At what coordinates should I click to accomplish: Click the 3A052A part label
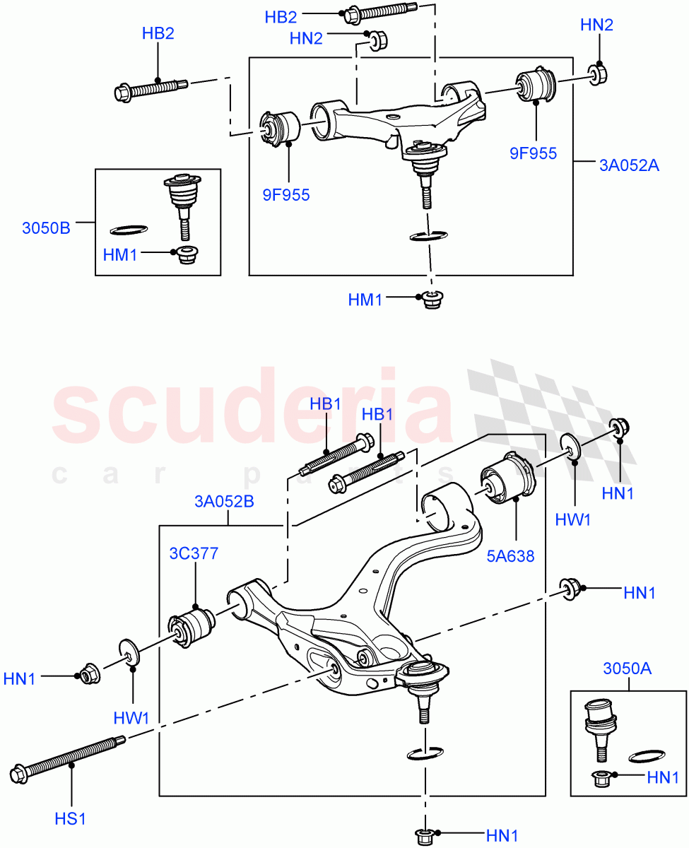628,167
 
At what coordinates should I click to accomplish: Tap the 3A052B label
224,502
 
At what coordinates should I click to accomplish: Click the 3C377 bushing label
193,554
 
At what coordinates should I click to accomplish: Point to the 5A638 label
510,555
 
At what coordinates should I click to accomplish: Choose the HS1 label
71,819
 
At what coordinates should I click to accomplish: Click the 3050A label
627,668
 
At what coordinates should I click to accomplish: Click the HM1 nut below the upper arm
430,300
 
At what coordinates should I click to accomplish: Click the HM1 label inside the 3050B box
120,255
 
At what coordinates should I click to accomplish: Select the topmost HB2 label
281,16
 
